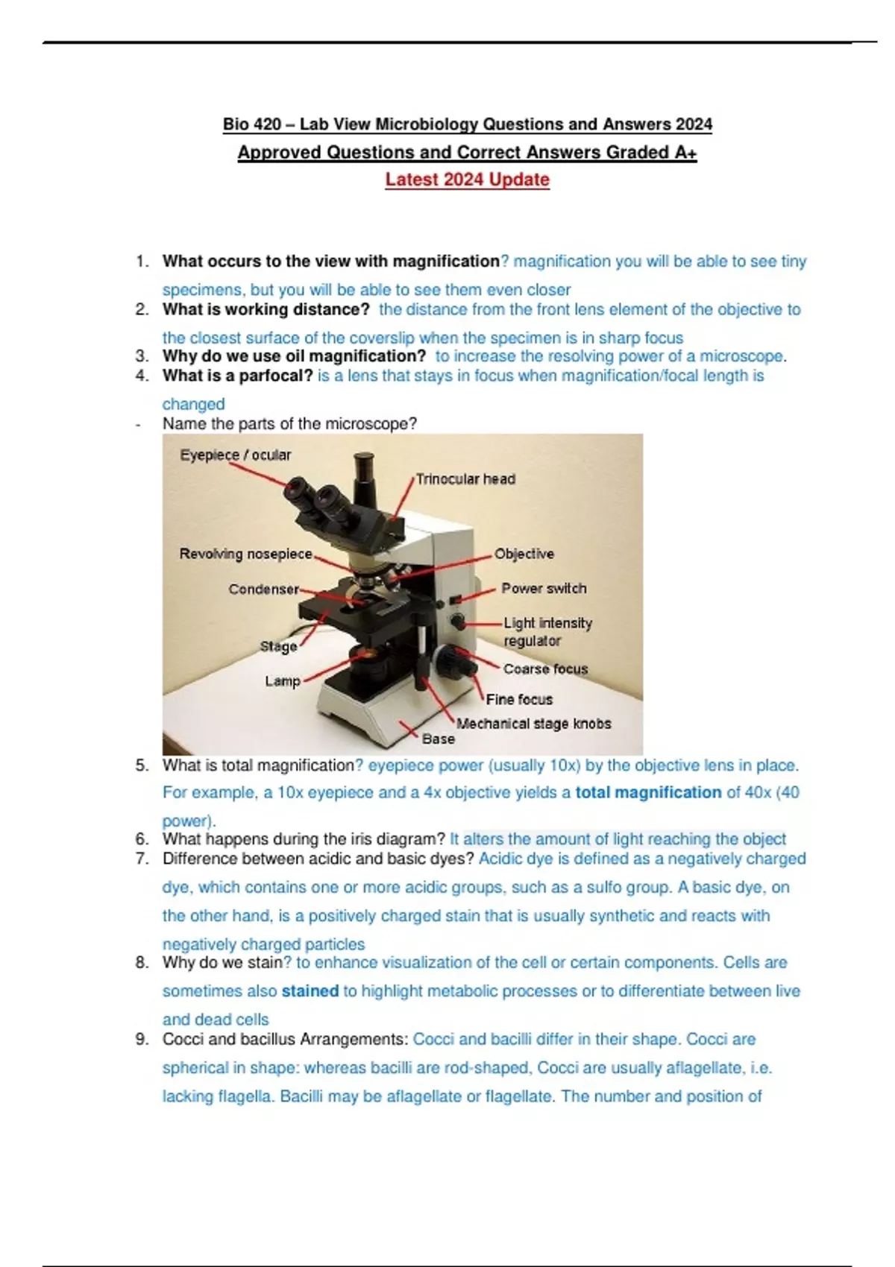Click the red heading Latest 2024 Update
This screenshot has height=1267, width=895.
coord(467,180)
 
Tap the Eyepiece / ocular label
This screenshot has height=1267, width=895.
coord(235,455)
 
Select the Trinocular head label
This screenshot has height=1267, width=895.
coord(465,478)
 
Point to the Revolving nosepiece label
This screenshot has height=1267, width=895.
coord(245,554)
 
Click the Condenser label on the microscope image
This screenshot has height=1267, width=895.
coord(263,589)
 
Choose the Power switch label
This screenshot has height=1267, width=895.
coord(544,588)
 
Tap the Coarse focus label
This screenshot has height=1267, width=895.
coord(545,669)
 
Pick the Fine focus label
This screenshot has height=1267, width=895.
coord(519,699)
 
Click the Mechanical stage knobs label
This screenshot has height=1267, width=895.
coord(533,723)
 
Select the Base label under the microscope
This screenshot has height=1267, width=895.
coord(438,739)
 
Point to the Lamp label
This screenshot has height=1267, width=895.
coord(282,680)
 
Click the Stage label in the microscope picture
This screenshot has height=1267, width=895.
coord(278,646)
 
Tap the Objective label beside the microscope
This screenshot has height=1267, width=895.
coord(524,554)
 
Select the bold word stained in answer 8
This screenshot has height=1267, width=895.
coord(310,991)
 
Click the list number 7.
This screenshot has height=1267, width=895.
coord(142,859)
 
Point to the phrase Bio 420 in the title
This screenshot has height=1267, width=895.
coord(252,124)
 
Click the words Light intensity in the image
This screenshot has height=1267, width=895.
coord(547,622)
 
